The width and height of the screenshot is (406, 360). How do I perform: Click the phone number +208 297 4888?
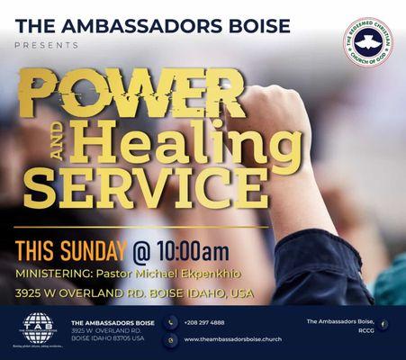[x=204, y=321]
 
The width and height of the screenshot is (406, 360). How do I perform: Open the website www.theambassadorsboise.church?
[x=233, y=339]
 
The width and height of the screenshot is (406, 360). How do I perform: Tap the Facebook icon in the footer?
[x=383, y=324]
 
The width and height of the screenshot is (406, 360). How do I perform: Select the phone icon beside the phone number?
[x=171, y=322]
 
